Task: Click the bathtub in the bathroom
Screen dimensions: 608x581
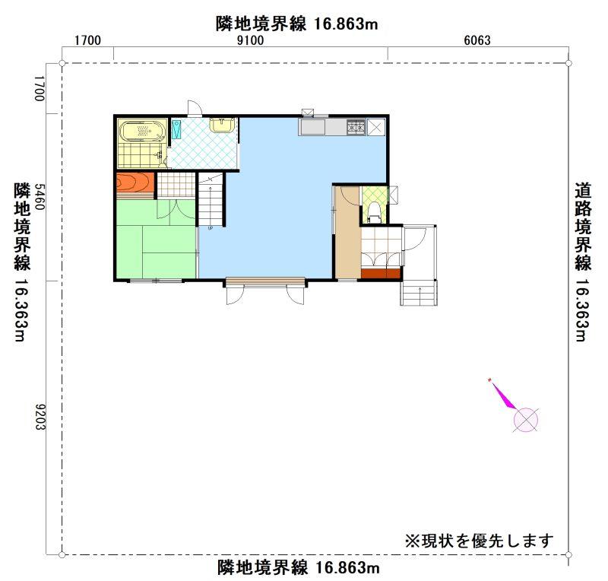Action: coord(141,131)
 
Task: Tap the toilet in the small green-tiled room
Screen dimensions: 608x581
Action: coord(374,211)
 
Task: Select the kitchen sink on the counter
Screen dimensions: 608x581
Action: coord(312,127)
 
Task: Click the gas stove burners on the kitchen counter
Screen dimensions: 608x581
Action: coord(356,127)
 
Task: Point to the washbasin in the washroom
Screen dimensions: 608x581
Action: coord(221,125)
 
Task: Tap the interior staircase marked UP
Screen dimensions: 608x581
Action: coord(211,200)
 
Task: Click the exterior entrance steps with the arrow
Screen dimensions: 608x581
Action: coord(419,293)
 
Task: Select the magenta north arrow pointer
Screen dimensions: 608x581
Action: coord(502,394)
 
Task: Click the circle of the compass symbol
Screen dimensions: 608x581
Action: coord(526,420)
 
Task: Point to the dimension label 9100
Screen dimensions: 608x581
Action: coord(250,40)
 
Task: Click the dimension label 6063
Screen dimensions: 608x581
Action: coord(477,40)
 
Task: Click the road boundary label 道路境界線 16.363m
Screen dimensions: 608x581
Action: coord(583,262)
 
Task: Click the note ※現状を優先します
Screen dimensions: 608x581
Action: coord(480,541)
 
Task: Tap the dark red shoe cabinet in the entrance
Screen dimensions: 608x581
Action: coord(381,274)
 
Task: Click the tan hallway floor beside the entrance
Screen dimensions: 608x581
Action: coord(348,233)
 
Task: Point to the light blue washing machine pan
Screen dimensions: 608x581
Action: coord(177,129)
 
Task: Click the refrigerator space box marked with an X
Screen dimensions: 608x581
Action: coord(376,127)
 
